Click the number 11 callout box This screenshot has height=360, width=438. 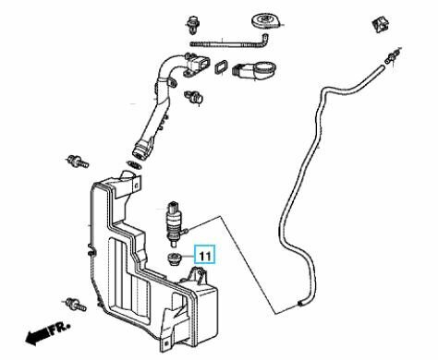[x=205, y=255]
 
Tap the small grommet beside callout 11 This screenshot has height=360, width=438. [x=173, y=258]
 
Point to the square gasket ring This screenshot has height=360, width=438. [x=221, y=68]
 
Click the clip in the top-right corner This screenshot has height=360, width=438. [x=380, y=25]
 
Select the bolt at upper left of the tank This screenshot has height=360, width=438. [x=77, y=162]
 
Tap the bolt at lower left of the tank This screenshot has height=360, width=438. [x=76, y=305]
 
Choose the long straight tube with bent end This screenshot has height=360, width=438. [x=229, y=42]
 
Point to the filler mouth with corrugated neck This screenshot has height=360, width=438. [x=254, y=70]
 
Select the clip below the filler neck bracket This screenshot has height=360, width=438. [x=194, y=97]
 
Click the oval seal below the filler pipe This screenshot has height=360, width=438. [x=135, y=165]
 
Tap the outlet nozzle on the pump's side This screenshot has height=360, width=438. [x=186, y=230]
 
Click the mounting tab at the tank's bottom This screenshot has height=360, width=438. [x=165, y=343]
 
